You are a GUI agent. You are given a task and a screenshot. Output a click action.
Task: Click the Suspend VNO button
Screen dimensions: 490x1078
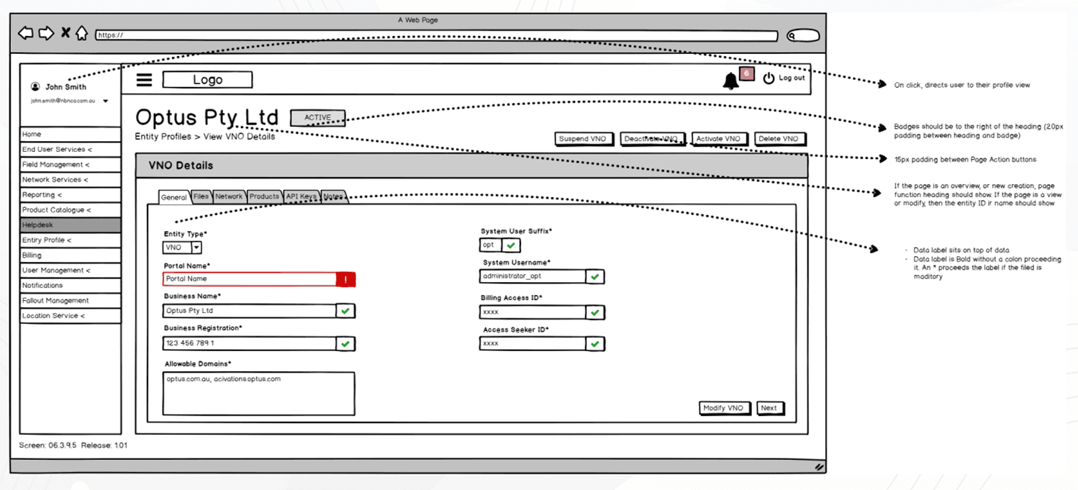[583, 139]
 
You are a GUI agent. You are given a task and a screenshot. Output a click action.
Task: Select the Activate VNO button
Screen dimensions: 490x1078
[718, 139]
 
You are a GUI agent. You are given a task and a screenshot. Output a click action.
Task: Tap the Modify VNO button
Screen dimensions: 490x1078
[723, 408]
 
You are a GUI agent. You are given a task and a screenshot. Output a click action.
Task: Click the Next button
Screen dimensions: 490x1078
[769, 408]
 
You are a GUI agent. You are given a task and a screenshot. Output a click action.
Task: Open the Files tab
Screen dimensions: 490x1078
[201, 196]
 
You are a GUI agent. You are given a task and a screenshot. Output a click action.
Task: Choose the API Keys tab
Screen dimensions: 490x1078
[300, 196]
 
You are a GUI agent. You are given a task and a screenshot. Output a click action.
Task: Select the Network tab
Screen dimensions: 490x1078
[229, 196]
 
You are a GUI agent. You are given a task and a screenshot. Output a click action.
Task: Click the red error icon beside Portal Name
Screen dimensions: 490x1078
[345, 279]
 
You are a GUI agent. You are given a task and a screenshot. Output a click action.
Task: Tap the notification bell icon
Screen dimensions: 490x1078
[730, 81]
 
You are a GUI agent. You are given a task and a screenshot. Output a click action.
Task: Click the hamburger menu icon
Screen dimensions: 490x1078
[145, 80]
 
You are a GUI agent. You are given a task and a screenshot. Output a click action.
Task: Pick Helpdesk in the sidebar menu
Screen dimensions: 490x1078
[70, 225]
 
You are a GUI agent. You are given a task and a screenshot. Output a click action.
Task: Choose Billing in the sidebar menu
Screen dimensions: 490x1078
[70, 255]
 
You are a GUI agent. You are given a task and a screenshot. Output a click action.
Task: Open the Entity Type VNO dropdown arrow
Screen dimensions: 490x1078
[196, 248]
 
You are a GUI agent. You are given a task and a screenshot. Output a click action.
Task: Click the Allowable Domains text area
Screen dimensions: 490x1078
[259, 393]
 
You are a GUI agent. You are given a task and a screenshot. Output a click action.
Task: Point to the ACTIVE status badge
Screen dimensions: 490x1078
[317, 118]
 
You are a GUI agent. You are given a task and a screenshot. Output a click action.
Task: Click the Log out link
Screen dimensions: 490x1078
[791, 78]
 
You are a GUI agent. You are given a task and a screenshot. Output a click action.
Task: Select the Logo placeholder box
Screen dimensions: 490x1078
[207, 80]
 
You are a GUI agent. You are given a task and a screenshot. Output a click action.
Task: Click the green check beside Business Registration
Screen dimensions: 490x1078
[345, 344]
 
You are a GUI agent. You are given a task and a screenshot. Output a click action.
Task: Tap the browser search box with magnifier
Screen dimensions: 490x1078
[802, 35]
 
